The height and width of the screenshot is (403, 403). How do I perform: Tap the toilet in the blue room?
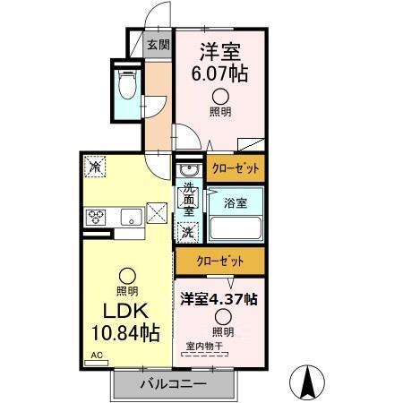pyautogui.click(x=126, y=89)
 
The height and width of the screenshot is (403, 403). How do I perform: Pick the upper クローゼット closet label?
pyautogui.click(x=237, y=167)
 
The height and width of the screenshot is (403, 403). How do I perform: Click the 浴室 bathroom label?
pyautogui.click(x=236, y=202)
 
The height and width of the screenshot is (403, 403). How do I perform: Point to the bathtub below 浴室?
pyautogui.click(x=236, y=227)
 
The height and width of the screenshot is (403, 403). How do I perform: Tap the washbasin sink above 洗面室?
pyautogui.click(x=188, y=170)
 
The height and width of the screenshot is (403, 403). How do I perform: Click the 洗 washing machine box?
pyautogui.click(x=188, y=231)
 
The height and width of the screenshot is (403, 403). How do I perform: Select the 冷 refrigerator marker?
pyautogui.click(x=94, y=166)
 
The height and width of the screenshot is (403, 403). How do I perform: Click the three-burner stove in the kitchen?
pyautogui.click(x=97, y=216)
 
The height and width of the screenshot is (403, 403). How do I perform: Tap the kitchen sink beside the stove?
pyautogui.click(x=128, y=216)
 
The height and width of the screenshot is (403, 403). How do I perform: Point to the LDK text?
pyautogui.click(x=126, y=313)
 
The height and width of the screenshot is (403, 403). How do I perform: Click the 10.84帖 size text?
pyautogui.click(x=126, y=334)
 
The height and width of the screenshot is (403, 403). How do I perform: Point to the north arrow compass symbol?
pyautogui.click(x=309, y=382)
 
